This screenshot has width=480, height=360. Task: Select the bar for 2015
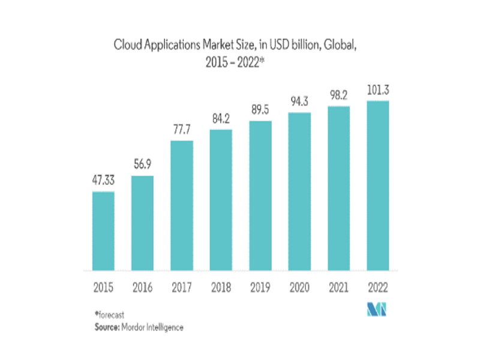[103, 230]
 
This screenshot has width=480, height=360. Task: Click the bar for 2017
[181, 205]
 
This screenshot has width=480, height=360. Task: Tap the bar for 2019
[260, 195]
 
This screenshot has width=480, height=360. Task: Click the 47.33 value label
[103, 180]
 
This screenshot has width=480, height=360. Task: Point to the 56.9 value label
[142, 164]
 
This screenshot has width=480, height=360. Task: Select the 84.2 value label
[221, 118]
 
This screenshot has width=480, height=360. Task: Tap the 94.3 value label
[299, 100]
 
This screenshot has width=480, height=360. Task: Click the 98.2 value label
[338, 95]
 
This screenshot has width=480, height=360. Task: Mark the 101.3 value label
[377, 89]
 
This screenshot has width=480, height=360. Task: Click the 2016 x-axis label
[142, 287]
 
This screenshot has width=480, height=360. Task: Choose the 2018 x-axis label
[221, 287]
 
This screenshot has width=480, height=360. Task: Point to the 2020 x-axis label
[299, 287]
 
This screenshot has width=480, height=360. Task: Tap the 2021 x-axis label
[338, 287]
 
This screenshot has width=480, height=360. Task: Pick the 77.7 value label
[181, 129]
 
